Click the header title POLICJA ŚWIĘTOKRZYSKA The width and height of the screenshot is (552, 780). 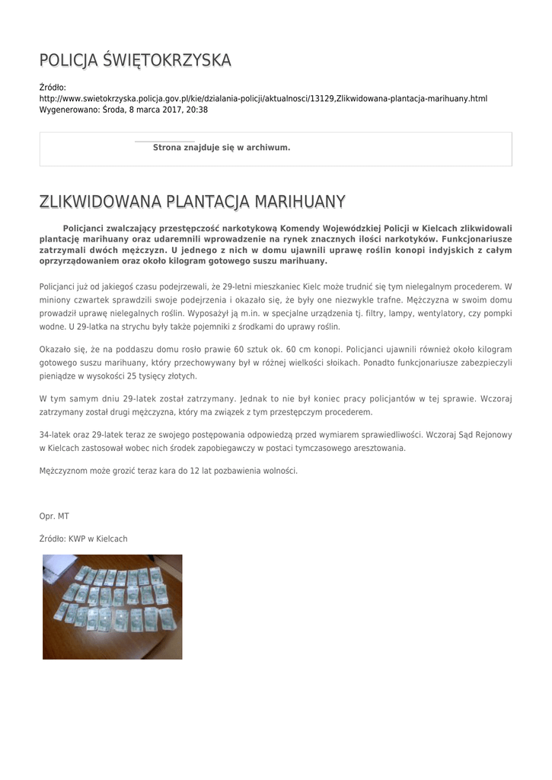pyautogui.click(x=135, y=60)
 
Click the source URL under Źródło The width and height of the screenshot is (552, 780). pyautogui.click(x=263, y=99)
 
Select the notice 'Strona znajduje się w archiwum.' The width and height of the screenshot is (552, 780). pyautogui.click(x=222, y=148)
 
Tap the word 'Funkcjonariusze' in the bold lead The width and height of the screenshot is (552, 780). pyautogui.click(x=477, y=238)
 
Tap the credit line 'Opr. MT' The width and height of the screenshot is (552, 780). pyautogui.click(x=54, y=516)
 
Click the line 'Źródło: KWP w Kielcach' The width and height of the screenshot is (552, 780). pyautogui.click(x=84, y=539)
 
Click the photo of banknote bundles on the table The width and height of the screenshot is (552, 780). pyautogui.click(x=112, y=606)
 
